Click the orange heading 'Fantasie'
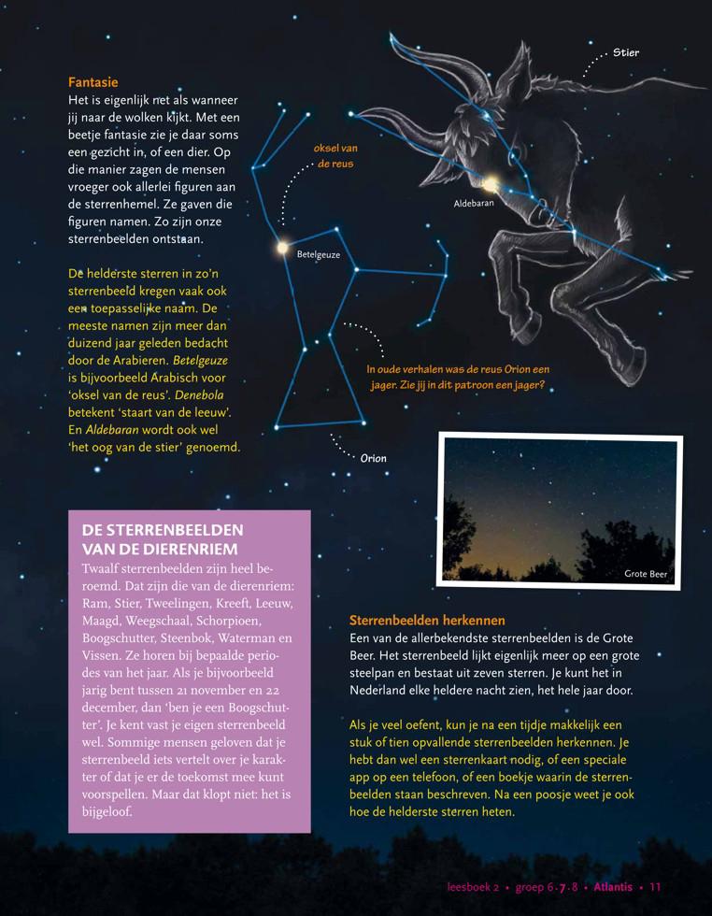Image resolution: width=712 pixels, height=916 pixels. tap(93, 82)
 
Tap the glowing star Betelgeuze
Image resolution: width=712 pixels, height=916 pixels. tap(282, 248)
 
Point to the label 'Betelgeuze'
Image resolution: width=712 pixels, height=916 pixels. tap(318, 254)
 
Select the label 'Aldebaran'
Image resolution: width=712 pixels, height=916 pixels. tap(474, 202)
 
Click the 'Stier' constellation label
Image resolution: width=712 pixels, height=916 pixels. tap(626, 53)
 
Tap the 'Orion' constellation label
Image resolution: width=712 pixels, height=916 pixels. tap(373, 459)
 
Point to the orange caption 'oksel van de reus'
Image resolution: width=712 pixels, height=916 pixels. tap(335, 155)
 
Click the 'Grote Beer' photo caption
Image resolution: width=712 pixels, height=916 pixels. tap(646, 574)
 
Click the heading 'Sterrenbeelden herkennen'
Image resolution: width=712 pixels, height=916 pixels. tap(427, 620)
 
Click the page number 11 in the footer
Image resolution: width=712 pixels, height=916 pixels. tap(655, 887)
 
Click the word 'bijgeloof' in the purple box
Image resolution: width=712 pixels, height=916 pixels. tap(107, 811)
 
